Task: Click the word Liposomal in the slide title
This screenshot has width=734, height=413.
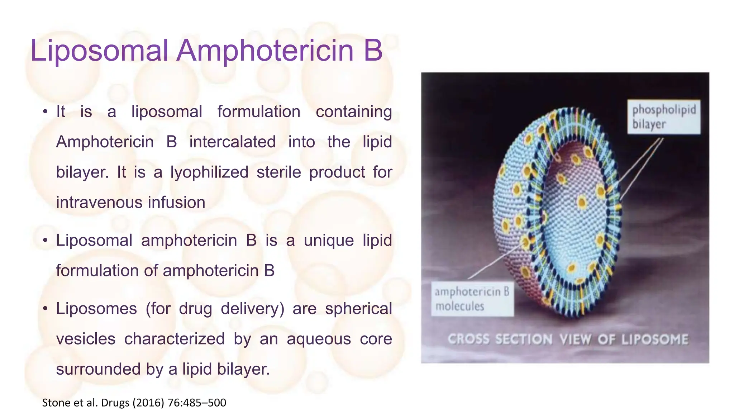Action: point(99,51)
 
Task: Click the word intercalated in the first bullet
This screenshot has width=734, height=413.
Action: point(232,142)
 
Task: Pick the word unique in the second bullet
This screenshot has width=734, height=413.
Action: point(329,241)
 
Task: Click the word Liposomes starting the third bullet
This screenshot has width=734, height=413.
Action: point(96,309)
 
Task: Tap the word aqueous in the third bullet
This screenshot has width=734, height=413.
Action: point(319,339)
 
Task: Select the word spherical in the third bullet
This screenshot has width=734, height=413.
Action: point(358,309)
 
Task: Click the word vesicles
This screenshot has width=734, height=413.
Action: point(86,339)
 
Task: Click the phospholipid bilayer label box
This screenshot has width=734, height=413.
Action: point(663,117)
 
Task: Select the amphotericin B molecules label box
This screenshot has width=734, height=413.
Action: point(472,299)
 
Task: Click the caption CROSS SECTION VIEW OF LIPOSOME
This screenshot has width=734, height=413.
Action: point(568,340)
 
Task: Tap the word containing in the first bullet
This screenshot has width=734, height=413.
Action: point(354,112)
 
